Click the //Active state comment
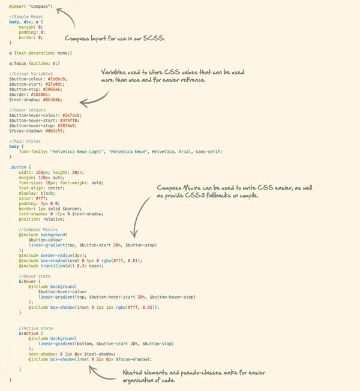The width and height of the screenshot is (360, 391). [x=37, y=327]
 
